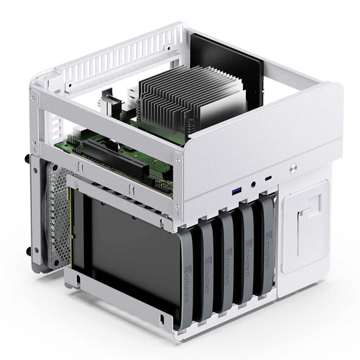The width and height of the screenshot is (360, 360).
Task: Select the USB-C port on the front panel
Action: pyautogui.click(x=268, y=179)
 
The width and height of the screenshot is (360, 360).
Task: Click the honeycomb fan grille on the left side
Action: pyautogui.click(x=58, y=216)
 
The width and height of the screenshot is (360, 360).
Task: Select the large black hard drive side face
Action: pyautogui.click(x=130, y=252)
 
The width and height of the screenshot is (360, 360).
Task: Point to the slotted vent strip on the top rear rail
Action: pyautogui.click(x=119, y=54)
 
